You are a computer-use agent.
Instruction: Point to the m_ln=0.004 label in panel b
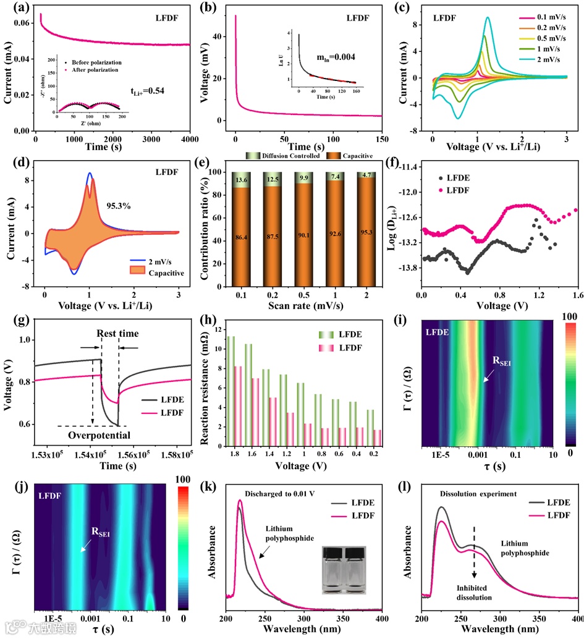332,59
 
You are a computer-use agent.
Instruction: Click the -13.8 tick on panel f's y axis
405,268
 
